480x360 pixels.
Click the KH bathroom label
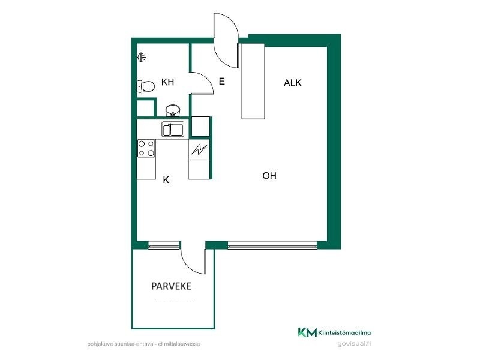[x=167, y=82]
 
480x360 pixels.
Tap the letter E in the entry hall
[x=222, y=82]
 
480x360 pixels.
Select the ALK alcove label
[x=293, y=83]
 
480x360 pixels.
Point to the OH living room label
[x=269, y=176]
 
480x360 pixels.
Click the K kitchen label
[x=166, y=179]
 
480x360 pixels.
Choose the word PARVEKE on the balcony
[x=172, y=286]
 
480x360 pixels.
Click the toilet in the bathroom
[x=145, y=86]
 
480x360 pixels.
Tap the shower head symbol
[x=142, y=57]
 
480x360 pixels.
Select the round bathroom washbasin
[x=173, y=110]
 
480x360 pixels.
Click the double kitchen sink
[x=173, y=129]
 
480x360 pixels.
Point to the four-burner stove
[x=146, y=148]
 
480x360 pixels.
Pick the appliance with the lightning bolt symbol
[x=199, y=149]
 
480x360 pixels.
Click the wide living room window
[x=272, y=245]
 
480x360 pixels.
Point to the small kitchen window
[x=163, y=245]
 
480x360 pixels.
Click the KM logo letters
[x=307, y=332]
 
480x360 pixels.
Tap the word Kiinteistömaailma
[x=344, y=332]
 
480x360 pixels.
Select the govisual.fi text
[x=354, y=343]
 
